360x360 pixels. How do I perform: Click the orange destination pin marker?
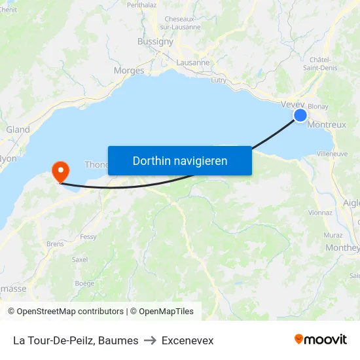click(x=60, y=171)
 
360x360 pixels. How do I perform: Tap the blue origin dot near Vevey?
click(x=300, y=115)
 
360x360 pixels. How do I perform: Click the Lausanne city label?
click(x=193, y=63)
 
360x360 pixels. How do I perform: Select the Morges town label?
click(x=129, y=71)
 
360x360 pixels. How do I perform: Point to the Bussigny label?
click(x=155, y=41)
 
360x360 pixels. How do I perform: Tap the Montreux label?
click(x=326, y=124)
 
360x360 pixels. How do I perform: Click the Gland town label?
click(x=18, y=130)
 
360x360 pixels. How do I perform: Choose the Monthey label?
click(x=342, y=248)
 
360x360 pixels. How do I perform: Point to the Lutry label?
click(x=219, y=81)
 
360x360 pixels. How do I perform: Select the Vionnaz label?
click(x=320, y=213)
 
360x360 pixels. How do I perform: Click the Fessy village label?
click(x=88, y=237)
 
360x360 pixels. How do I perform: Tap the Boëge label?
click(x=84, y=283)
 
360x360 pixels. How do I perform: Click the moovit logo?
click(x=320, y=340)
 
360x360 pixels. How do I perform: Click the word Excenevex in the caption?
click(x=187, y=340)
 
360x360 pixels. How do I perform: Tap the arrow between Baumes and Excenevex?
click(x=150, y=340)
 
